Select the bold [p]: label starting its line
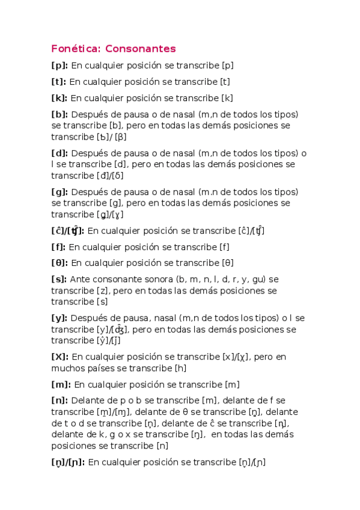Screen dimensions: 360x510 (59, 66)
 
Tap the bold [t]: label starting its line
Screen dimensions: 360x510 (59, 82)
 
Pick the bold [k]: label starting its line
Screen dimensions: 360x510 (59, 98)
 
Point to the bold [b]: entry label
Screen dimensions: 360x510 (59, 114)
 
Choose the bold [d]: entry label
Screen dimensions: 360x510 (59, 153)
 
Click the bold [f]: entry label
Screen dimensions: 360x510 (58, 247)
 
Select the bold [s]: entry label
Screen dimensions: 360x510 (59, 279)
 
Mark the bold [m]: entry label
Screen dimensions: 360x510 (61, 384)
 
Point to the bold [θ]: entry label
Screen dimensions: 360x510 (59, 263)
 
